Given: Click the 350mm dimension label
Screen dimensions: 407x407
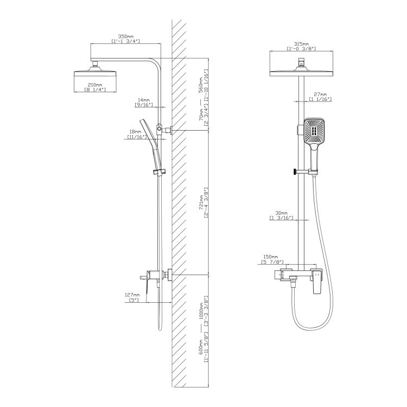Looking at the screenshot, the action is (126, 36).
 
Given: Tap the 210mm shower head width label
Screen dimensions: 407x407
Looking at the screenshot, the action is (95, 85).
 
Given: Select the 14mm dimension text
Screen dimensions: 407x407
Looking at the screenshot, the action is (144, 100).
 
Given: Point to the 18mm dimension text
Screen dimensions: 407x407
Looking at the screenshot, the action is (135, 132).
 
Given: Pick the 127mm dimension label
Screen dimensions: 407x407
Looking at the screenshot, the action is (132, 295).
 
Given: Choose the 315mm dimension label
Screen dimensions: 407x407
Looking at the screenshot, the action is (301, 44).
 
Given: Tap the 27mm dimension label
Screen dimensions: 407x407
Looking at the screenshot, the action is (320, 94).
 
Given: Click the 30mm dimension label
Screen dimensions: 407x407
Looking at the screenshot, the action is (281, 213).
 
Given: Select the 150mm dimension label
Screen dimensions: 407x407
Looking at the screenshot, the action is (270, 257).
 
